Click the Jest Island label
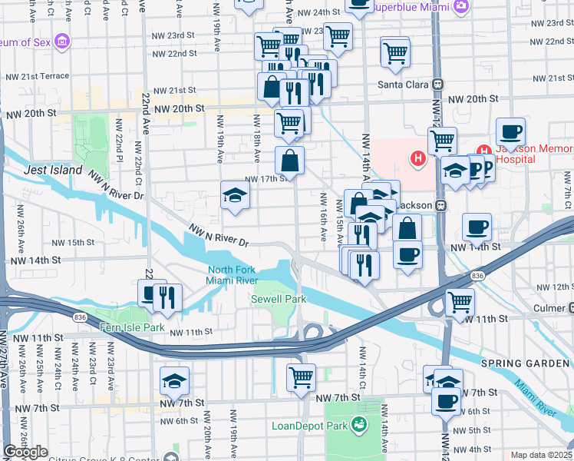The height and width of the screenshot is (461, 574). point(52,169)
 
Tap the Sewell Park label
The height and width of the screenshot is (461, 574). point(280,298)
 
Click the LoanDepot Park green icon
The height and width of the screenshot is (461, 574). point(358,424)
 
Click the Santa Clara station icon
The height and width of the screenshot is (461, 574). point(438,84)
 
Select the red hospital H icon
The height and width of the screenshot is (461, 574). point(418,159)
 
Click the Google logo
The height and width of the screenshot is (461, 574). point(25,452)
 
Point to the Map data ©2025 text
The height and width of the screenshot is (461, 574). point(542,455)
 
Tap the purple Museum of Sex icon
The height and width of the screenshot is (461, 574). point(61,40)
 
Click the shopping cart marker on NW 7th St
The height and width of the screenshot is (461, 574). point(301,376)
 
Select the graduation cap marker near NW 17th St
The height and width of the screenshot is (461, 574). point(235,194)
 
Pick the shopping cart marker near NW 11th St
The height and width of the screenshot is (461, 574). point(460,301)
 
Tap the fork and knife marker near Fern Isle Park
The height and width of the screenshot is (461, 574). point(167,297)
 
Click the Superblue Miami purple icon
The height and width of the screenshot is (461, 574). point(460,7)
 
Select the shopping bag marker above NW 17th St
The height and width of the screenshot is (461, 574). point(290,160)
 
